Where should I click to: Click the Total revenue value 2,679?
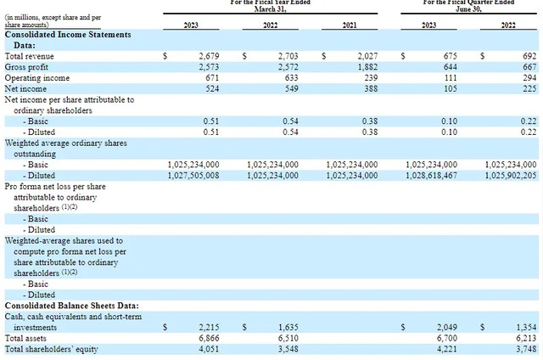pyautogui.click(x=208, y=55)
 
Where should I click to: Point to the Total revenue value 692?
pyautogui.click(x=529, y=55)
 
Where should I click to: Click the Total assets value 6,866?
pyautogui.click(x=208, y=338)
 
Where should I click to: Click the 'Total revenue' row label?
pyautogui.click(x=31, y=55)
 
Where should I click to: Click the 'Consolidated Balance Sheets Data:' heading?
pyautogui.click(x=72, y=305)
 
